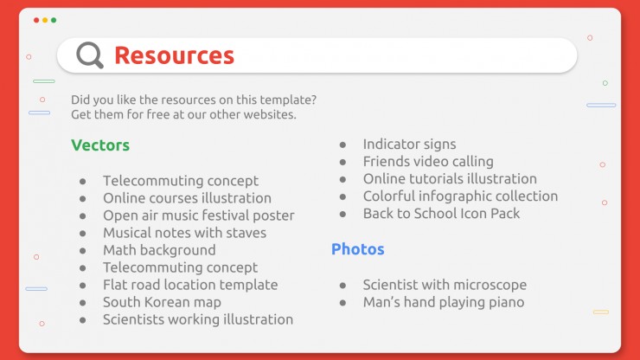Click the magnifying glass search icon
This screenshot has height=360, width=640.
89,55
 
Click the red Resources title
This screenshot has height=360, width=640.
175,55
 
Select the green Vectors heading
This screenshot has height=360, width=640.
100,145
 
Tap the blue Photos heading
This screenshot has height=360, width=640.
357,249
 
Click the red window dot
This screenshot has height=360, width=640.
36,20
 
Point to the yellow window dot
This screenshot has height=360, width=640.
45,20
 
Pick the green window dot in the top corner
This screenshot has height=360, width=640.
54,20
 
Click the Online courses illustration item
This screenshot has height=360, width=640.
187,198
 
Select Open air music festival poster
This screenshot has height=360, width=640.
199,215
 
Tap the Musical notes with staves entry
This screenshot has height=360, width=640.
184,233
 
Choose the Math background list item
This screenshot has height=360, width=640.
159,250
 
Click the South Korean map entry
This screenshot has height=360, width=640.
162,302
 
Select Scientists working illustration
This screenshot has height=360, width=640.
198,319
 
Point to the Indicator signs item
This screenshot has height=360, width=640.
409,145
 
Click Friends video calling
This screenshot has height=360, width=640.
428,162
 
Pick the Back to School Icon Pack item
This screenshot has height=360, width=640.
441,213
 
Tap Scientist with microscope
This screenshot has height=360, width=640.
445,285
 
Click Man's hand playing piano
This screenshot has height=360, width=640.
444,302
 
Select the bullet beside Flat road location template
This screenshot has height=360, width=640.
83,286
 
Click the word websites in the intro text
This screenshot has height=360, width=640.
270,114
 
